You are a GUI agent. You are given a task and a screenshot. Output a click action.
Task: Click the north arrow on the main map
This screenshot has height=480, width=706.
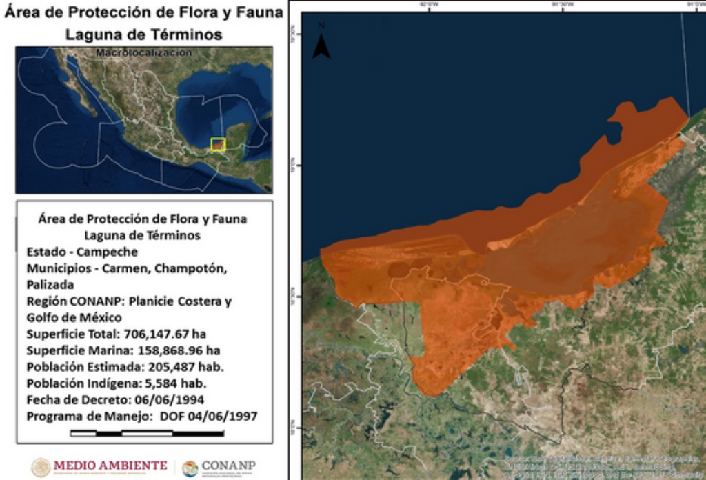tap(321, 43)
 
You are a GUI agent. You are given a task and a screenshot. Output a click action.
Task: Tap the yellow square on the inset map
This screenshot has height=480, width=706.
tap(219, 144)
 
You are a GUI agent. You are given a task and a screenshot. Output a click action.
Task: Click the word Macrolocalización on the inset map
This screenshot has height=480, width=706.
tap(144, 52)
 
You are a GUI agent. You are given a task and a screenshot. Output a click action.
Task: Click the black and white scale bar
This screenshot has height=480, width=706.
tap(147, 433)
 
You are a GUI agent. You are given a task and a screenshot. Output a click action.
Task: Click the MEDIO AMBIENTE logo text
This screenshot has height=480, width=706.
tap(110, 465)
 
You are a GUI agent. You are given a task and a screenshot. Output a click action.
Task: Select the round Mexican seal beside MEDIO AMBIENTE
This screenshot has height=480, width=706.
tap(41, 467)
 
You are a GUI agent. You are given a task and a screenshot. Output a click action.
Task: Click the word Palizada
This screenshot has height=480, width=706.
tap(50, 284)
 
